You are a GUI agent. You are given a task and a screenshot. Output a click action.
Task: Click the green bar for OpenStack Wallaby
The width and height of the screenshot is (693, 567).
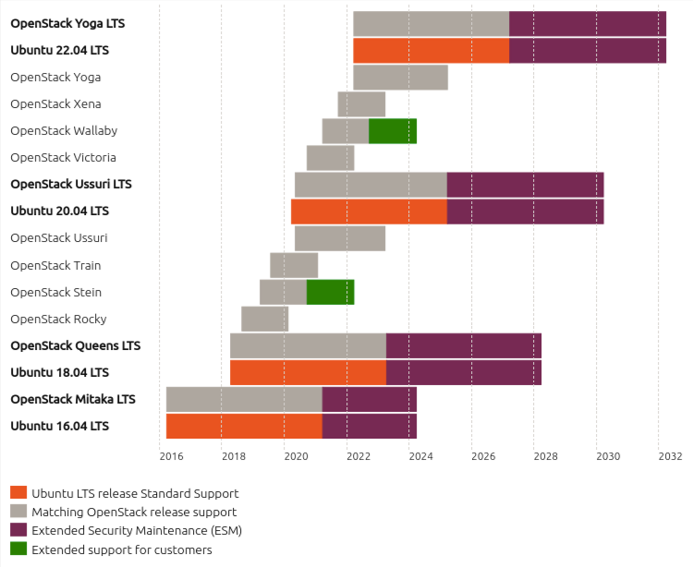393,131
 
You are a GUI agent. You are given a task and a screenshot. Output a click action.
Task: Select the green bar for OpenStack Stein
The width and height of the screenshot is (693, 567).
330,292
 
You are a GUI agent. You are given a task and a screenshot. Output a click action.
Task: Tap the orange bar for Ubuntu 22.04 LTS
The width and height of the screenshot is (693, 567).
431,51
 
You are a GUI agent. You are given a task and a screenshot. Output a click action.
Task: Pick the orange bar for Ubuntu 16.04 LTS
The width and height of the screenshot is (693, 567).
244,427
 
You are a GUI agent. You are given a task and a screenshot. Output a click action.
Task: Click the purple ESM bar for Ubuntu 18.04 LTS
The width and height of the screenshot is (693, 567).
464,372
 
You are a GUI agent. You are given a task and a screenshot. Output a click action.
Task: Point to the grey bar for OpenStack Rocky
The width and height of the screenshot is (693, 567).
264,319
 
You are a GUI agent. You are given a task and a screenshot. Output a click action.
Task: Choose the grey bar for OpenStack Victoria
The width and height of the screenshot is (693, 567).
330,158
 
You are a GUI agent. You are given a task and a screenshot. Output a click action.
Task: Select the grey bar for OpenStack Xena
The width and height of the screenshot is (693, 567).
361,104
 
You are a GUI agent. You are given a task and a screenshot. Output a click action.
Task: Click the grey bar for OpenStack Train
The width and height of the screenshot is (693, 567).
294,265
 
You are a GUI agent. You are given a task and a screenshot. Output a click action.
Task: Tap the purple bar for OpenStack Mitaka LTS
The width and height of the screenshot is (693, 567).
369,400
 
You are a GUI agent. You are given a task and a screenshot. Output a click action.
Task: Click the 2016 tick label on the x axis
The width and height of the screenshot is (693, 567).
171,456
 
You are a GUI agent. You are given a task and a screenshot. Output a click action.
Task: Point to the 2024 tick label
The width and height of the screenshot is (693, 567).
420,456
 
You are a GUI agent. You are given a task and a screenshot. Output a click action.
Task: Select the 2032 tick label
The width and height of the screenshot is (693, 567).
670,456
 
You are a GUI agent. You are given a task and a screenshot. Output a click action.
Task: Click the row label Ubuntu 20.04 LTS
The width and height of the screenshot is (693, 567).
59,211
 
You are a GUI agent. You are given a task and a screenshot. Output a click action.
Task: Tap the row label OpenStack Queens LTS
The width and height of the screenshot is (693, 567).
75,345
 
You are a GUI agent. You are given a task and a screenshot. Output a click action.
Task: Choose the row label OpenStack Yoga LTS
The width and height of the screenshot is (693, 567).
67,23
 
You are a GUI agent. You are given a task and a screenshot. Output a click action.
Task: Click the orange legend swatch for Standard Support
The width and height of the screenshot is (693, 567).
18,493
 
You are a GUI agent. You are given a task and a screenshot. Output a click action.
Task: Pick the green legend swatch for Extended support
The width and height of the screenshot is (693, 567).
18,549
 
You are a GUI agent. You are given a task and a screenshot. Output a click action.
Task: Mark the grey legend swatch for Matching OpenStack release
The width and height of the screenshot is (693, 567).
18,512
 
